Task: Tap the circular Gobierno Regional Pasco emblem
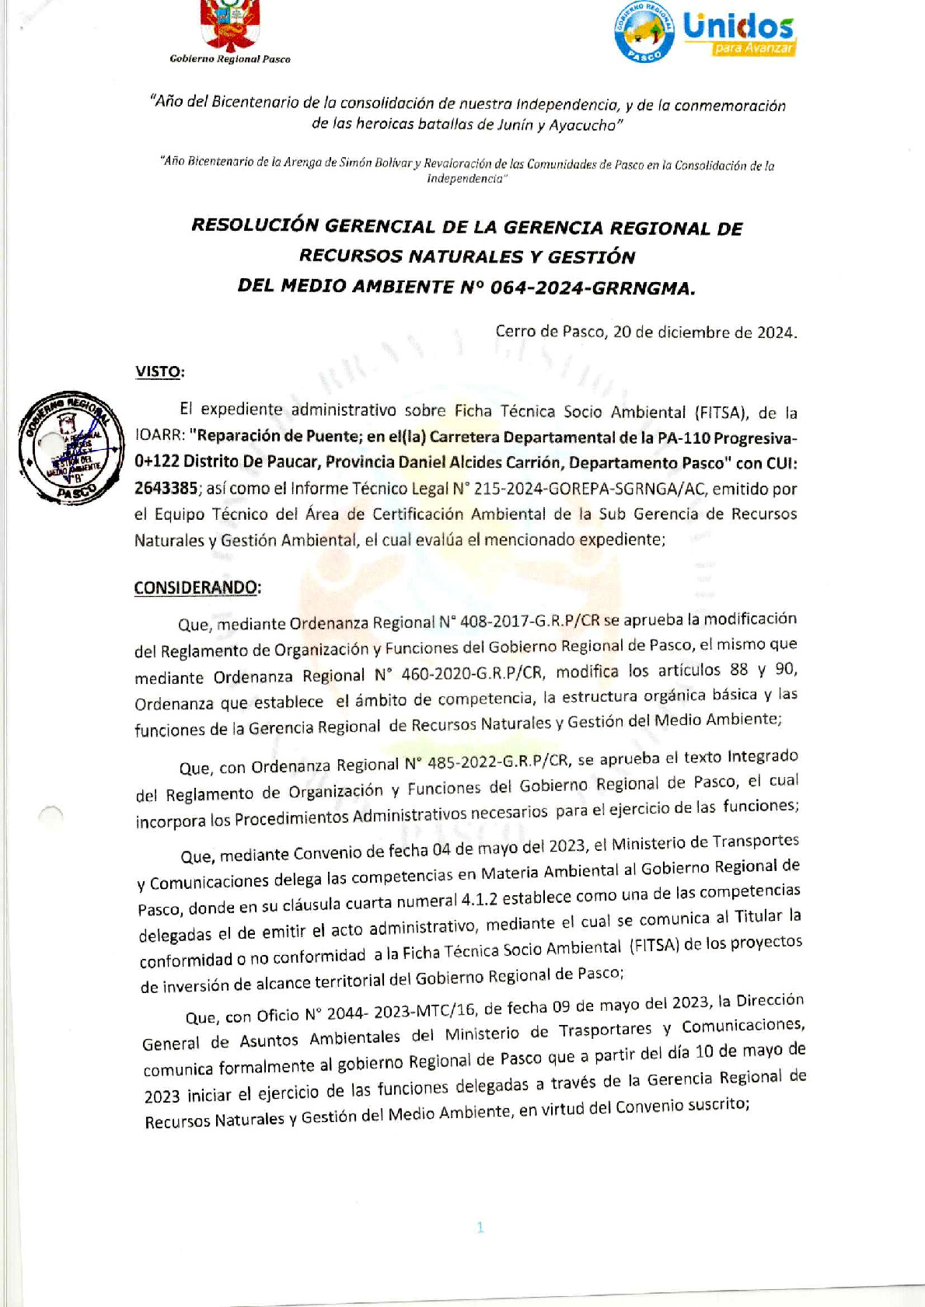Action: [x=644, y=31]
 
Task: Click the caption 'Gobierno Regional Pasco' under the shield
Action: [x=230, y=59]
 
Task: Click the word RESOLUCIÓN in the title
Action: [x=255, y=225]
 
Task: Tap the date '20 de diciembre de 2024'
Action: [x=704, y=333]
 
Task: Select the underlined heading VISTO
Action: [x=158, y=371]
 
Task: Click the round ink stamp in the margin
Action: [x=72, y=448]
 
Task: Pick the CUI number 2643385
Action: [x=166, y=488]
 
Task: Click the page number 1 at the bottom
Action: [x=480, y=1227]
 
